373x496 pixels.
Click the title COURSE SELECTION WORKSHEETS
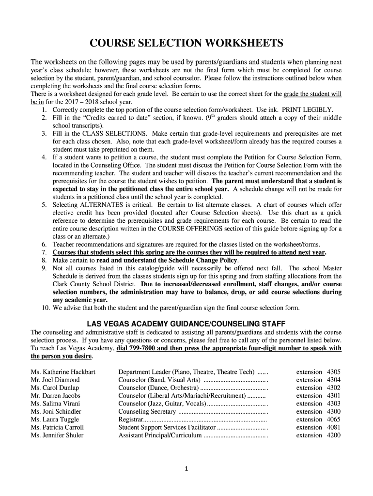coord(186,44)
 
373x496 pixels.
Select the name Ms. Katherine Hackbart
coord(63,372)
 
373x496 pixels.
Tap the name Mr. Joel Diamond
coord(55,380)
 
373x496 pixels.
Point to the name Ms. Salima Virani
coord(56,403)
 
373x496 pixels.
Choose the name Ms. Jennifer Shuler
coord(57,435)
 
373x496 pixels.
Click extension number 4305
coord(334,372)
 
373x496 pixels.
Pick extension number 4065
coord(334,419)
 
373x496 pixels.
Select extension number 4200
coord(334,435)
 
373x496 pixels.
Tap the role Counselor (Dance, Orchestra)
coord(158,388)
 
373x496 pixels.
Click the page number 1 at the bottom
coord(186,468)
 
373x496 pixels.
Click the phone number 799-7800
coord(132,348)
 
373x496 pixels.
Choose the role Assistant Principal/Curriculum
coord(160,435)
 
